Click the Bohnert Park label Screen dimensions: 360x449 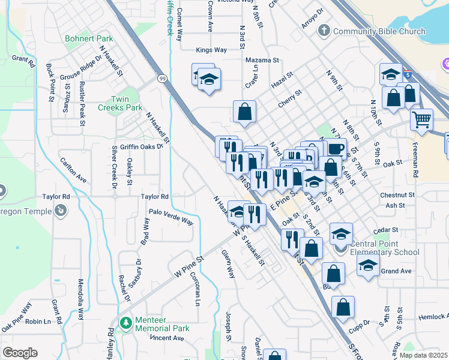coord(89,38)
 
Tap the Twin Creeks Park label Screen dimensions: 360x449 coord(127,103)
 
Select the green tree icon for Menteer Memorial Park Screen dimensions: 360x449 coord(126,323)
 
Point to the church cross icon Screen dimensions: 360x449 coord(324,30)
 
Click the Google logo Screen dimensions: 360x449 coord(20,352)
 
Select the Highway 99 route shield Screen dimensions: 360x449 coord(162,78)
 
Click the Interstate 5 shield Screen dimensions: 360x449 coord(408,75)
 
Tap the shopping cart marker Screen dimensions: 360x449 coord(422,119)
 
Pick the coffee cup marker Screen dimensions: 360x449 coord(336,148)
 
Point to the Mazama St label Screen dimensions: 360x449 coord(262,61)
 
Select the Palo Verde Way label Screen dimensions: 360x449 coord(171,217)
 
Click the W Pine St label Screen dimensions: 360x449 coord(190,265)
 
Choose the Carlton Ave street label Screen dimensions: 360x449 coord(73,170)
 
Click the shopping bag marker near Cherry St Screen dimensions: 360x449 coord(244,111)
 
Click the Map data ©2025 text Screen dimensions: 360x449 coord(423,355)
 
